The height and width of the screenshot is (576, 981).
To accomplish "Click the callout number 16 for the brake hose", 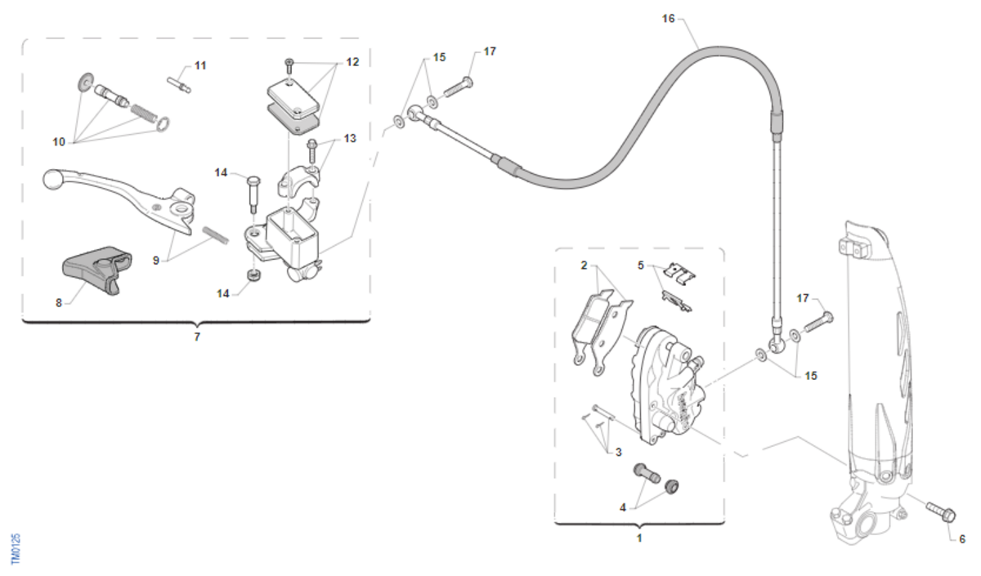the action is (669, 18).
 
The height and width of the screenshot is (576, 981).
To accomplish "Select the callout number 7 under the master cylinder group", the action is (197, 337).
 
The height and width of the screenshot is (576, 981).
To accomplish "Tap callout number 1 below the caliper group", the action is (639, 538).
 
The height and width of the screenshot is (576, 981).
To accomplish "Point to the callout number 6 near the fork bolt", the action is (962, 538).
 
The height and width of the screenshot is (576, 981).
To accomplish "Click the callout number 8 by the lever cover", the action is (59, 302).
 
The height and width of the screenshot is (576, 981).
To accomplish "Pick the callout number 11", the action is (200, 65).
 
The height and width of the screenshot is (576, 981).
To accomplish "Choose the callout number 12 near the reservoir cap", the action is (352, 62).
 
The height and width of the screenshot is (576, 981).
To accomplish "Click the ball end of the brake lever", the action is (52, 180).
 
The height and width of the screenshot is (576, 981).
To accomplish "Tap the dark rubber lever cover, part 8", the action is (97, 269).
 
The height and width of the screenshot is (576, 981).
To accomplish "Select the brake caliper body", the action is (665, 385).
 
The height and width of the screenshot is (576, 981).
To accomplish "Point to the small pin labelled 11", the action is (179, 84).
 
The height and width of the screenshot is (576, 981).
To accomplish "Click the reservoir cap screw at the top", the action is (289, 66).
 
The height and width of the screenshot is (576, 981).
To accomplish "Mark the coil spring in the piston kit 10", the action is (143, 113).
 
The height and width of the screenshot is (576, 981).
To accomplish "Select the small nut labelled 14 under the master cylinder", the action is (254, 275).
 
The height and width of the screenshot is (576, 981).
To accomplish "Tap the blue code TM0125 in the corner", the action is (16, 549).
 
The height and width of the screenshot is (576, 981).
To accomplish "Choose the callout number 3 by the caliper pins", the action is (618, 452).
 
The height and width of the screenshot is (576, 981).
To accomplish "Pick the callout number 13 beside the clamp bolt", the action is (350, 138).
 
